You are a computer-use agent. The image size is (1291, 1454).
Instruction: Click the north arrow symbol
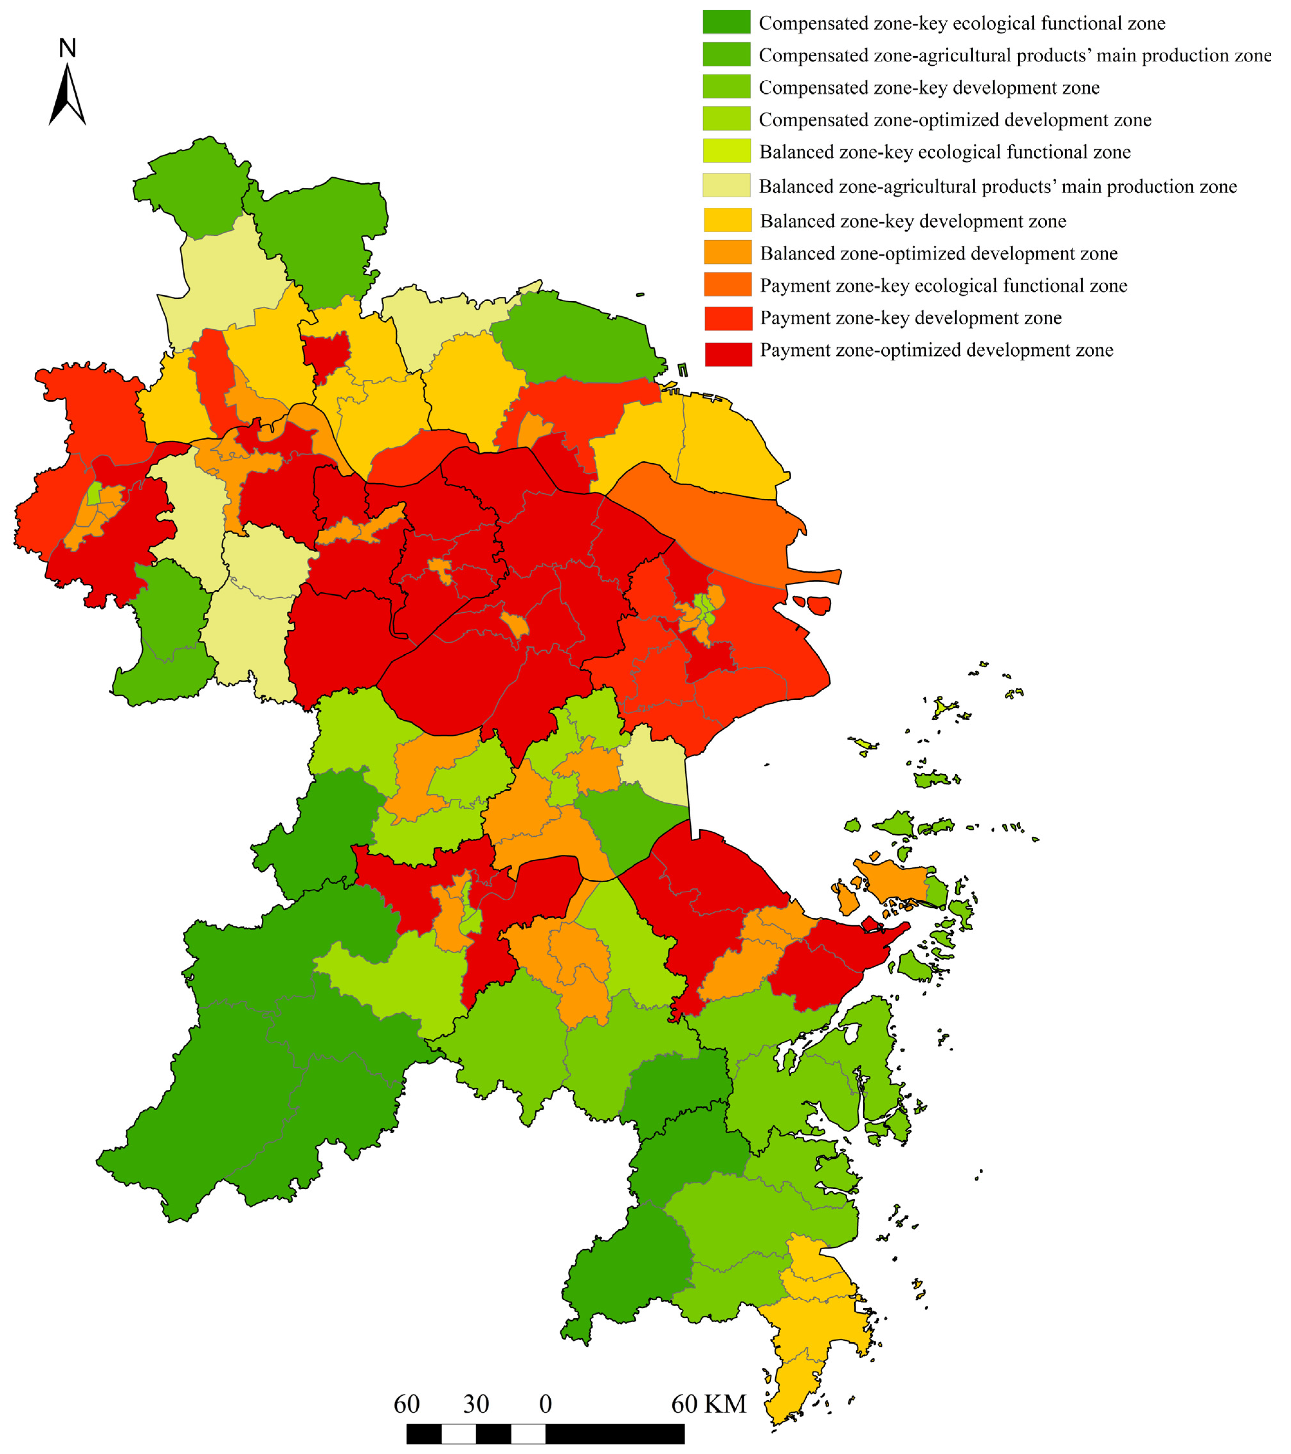tap(67, 95)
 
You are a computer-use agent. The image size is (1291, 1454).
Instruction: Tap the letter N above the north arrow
tap(67, 48)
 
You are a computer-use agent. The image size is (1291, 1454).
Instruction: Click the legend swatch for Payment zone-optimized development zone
tap(728, 354)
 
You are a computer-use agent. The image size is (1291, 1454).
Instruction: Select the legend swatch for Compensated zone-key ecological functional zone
tap(726, 22)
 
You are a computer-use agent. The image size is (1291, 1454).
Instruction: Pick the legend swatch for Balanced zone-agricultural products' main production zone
tap(726, 185)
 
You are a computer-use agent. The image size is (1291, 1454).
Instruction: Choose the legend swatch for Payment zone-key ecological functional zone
tap(728, 284)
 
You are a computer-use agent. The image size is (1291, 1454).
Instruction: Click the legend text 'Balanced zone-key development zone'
tap(913, 221)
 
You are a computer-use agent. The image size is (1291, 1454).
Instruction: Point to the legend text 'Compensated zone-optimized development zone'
tap(955, 120)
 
